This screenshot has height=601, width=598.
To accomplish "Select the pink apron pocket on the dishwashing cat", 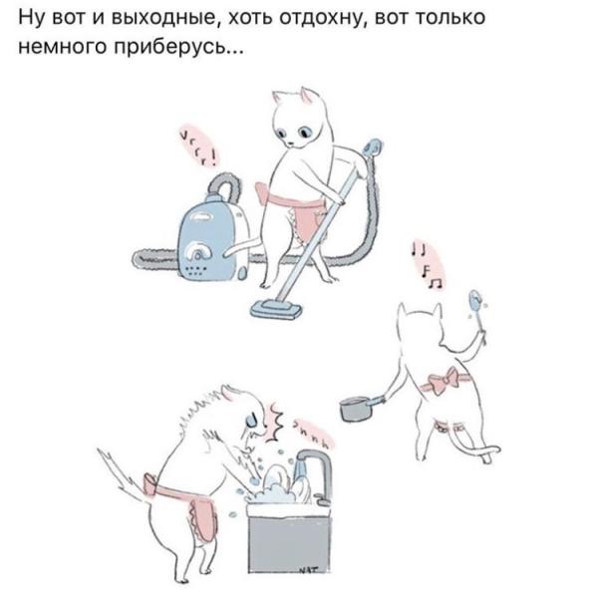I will (200, 518).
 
